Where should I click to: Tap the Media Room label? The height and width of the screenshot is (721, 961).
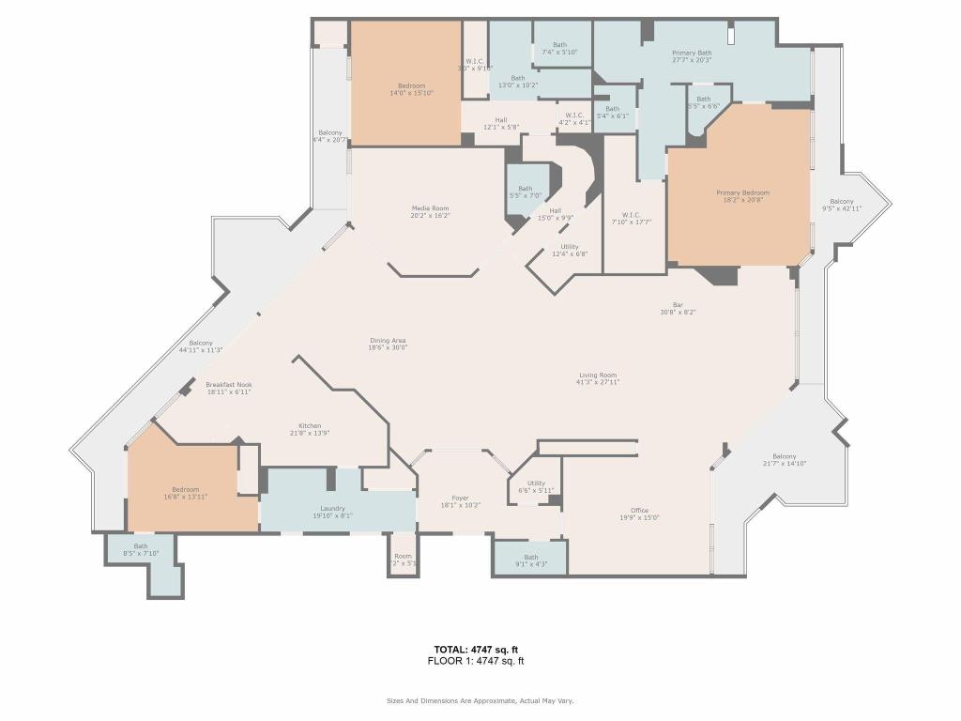[x=430, y=208]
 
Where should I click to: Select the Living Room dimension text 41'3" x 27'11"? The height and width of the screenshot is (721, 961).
[x=597, y=384]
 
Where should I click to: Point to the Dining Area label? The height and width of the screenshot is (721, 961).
[x=387, y=340]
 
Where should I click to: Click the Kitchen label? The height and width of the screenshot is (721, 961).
[x=310, y=425]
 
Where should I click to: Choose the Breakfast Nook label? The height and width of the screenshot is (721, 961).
[x=229, y=384]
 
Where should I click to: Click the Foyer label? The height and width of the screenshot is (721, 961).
[x=460, y=498]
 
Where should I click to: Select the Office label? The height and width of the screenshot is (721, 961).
[x=639, y=510]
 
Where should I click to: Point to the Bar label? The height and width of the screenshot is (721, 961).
[x=678, y=304]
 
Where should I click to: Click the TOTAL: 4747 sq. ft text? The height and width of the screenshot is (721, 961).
[x=476, y=649]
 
